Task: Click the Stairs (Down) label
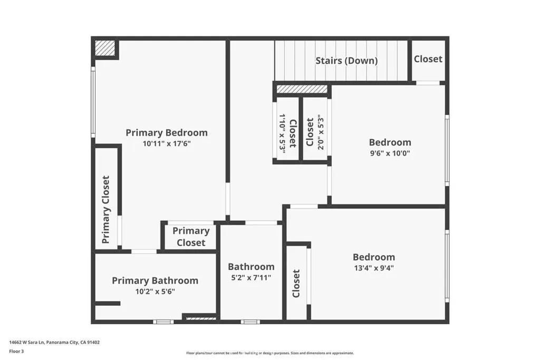pos(346,61)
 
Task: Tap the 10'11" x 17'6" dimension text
pos(167,143)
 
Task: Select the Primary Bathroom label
pos(155,280)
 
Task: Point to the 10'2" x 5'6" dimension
pos(155,292)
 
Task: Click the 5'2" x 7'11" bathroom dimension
pos(251,278)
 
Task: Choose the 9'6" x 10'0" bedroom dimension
pos(390,153)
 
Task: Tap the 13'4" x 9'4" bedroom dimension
pos(374,268)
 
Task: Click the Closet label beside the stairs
pos(428,59)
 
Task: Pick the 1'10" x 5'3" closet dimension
pos(283,133)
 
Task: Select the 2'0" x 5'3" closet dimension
pos(321,132)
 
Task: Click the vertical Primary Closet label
pos(105,210)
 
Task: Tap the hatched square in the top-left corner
pos(105,48)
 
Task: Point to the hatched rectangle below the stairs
pos(302,89)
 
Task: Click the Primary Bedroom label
pos(167,133)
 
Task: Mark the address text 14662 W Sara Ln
pos(27,343)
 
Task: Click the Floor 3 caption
pos(16,352)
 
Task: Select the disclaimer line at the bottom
pos(270,353)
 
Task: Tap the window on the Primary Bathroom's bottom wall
pos(163,322)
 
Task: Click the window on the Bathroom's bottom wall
pos(250,322)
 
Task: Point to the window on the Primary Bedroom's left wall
pos(93,102)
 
